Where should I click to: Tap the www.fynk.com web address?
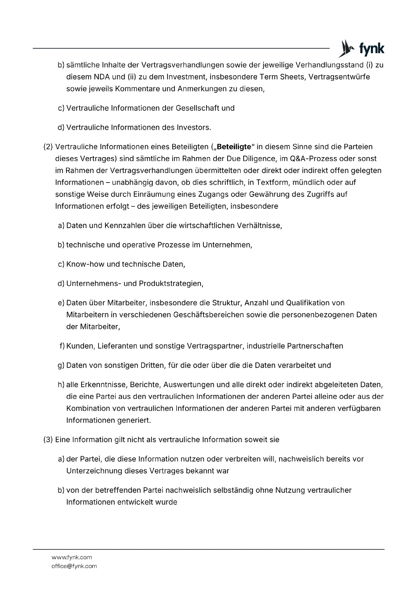[72, 557]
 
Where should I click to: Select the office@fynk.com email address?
[74, 566]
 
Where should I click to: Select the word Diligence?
[265, 159]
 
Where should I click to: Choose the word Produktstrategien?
[171, 284]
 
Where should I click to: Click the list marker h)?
[61, 385]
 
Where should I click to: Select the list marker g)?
[61, 365]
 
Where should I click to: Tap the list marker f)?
[62, 346]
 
